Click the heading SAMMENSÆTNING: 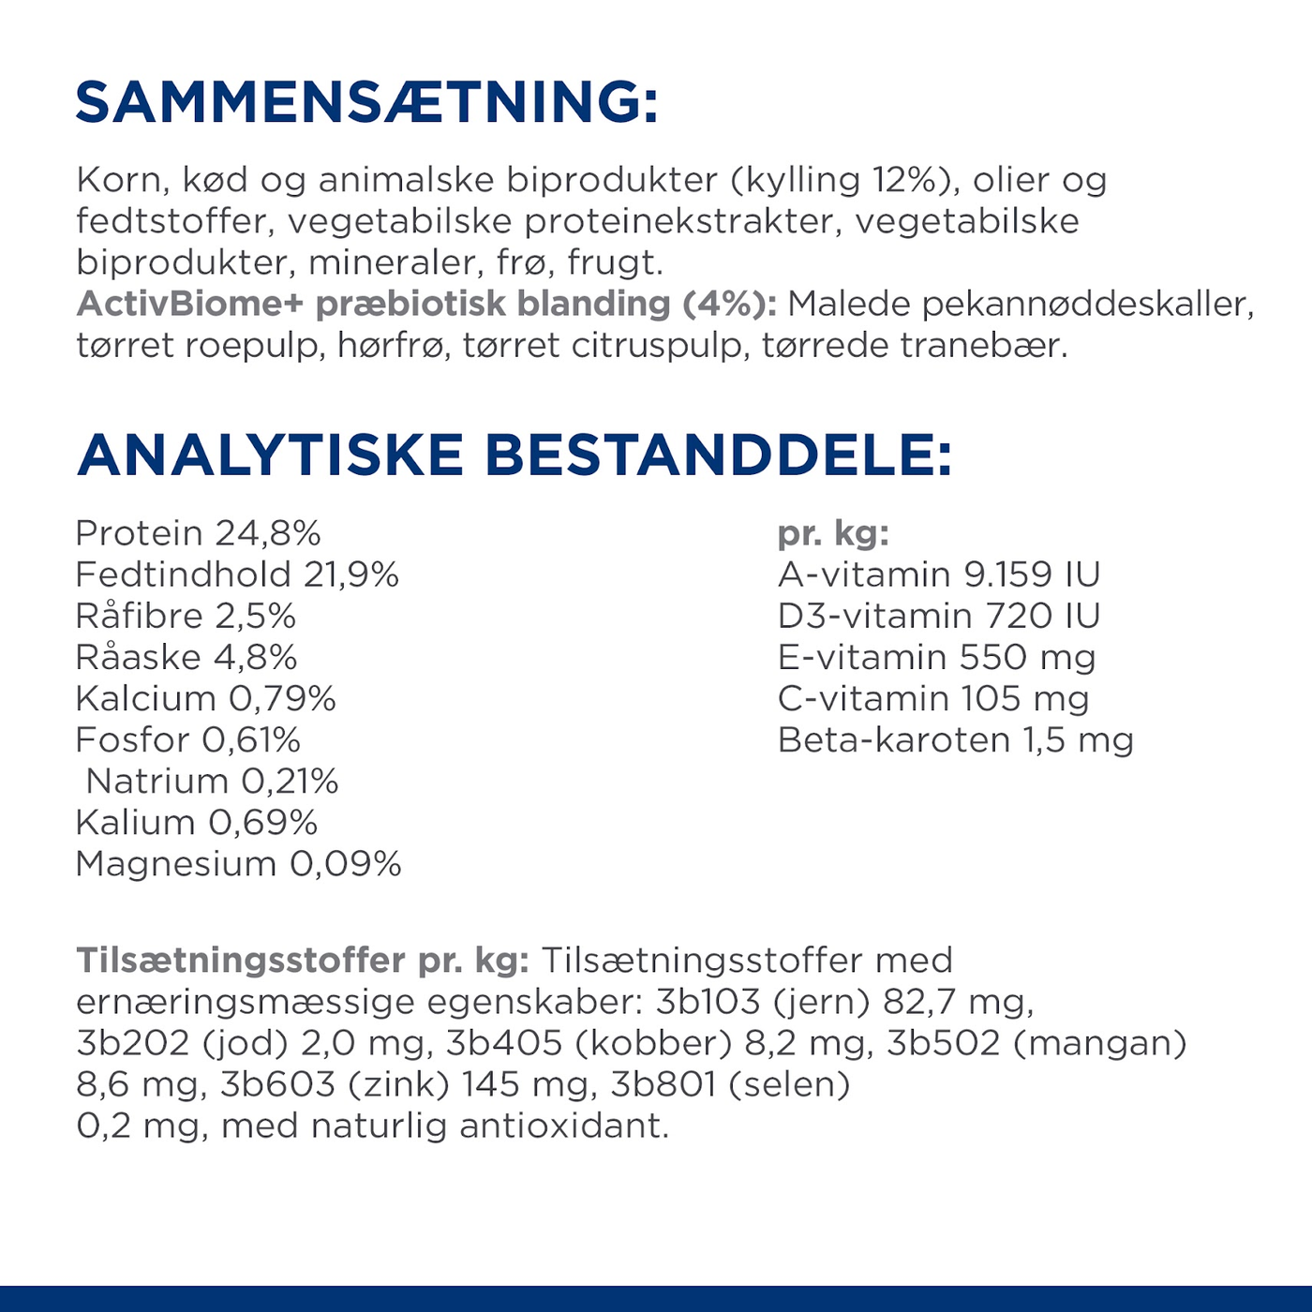(366, 102)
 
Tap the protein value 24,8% (268, 533)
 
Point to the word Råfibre (139, 616)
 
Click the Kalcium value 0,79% (282, 698)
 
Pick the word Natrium (157, 781)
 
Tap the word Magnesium (175, 863)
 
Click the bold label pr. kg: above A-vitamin (833, 533)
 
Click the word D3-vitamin (874, 616)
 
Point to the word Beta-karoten (894, 740)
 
